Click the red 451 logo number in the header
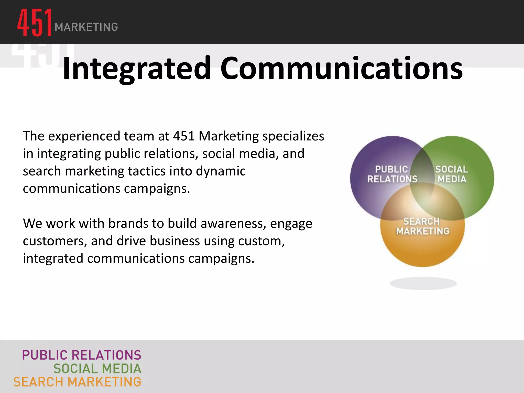pyautogui.click(x=35, y=23)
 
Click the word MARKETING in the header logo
pyautogui.click(x=86, y=27)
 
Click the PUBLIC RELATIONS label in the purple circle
pyautogui.click(x=392, y=174)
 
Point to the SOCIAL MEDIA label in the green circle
pyautogui.click(x=452, y=174)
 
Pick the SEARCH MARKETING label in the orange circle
pyautogui.click(x=422, y=226)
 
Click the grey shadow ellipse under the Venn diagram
pyautogui.click(x=423, y=283)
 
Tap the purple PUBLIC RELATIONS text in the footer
pyautogui.click(x=82, y=355)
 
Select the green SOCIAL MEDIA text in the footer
pyautogui.click(x=97, y=369)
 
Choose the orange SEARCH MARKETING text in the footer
pyautogui.click(x=77, y=382)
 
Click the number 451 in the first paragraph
pyautogui.click(x=184, y=136)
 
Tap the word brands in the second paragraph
pyautogui.click(x=128, y=223)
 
